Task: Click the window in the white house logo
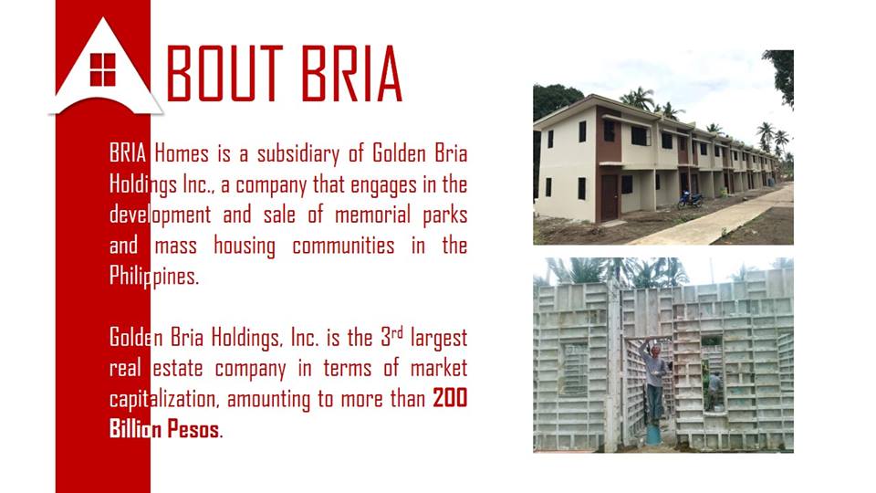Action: coord(103,68)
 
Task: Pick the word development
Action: coord(160,215)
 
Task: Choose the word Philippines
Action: coord(152,277)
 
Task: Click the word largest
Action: coord(439,338)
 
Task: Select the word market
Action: coord(435,369)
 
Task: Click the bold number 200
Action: coord(450,399)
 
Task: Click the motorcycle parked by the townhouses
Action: coord(690,199)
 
